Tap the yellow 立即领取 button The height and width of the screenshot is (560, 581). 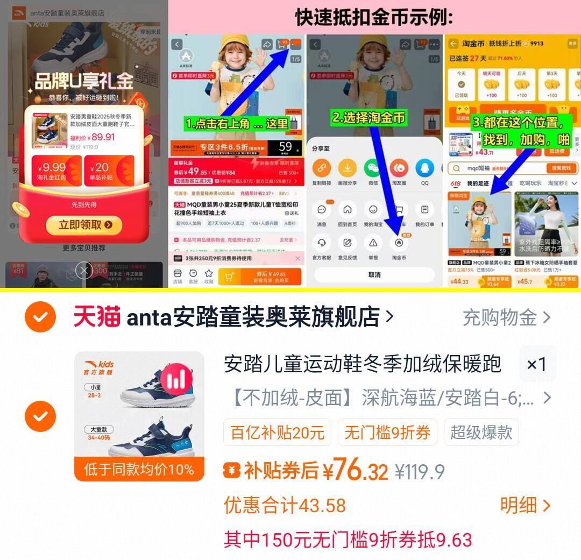pyautogui.click(x=83, y=225)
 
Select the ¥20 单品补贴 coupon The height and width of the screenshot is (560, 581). pyautogui.click(x=109, y=171)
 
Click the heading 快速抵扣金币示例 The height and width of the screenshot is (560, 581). pyautogui.click(x=374, y=18)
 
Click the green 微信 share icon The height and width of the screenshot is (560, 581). pyautogui.click(x=373, y=168)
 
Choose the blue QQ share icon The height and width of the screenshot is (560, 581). pyautogui.click(x=424, y=168)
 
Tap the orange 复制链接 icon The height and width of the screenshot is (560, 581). pyautogui.click(x=322, y=168)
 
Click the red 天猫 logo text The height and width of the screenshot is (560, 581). pyautogui.click(x=97, y=317)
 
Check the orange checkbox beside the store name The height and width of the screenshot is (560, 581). pyautogui.click(x=40, y=317)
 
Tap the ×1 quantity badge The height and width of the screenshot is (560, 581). pyautogui.click(x=536, y=365)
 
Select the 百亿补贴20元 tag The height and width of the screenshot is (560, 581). pyautogui.click(x=278, y=433)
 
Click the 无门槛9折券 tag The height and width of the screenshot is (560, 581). pyautogui.click(x=387, y=433)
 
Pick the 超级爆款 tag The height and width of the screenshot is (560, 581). pyautogui.click(x=481, y=433)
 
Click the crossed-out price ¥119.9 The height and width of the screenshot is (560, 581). pyautogui.click(x=420, y=472)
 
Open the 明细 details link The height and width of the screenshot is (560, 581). pyautogui.click(x=525, y=505)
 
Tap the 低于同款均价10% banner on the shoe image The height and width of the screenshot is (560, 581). pyautogui.click(x=139, y=469)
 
